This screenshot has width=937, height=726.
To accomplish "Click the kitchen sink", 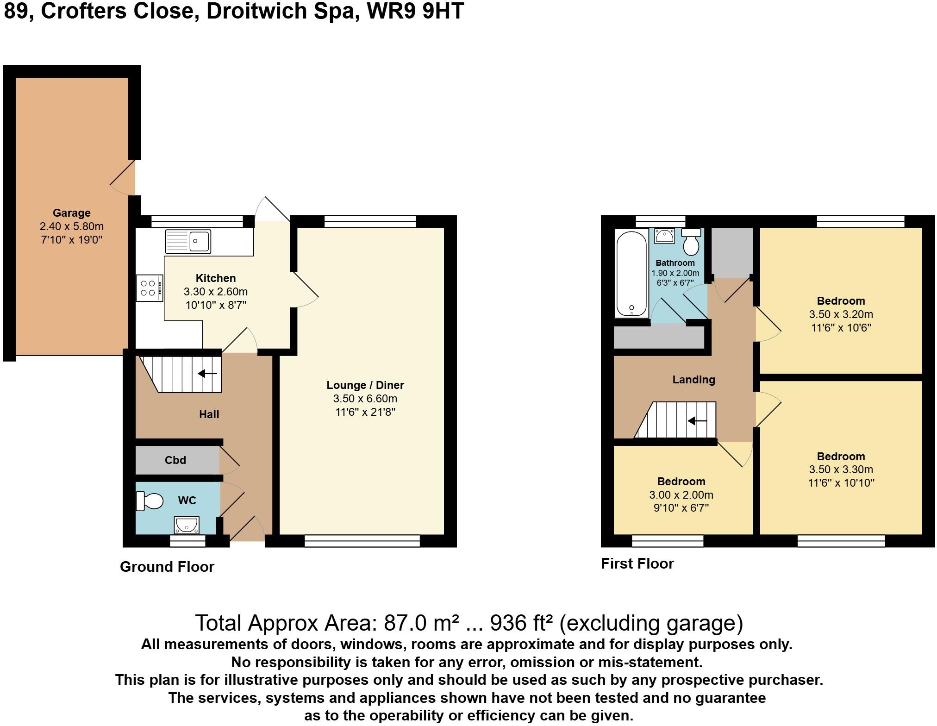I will pyautogui.click(x=188, y=241).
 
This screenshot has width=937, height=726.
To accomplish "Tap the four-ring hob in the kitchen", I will pyautogui.click(x=149, y=288).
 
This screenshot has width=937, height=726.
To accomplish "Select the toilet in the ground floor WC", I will pyautogui.click(x=150, y=501).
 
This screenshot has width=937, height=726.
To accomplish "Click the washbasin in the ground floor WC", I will pyautogui.click(x=187, y=525).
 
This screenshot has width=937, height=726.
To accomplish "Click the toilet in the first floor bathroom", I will pyautogui.click(x=691, y=242).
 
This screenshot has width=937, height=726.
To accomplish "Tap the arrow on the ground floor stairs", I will pyautogui.click(x=208, y=373).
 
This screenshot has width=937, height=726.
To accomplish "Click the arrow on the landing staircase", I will pyautogui.click(x=697, y=421).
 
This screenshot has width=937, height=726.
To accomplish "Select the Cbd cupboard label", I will pyautogui.click(x=175, y=460).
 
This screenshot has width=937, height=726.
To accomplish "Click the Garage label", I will pyautogui.click(x=71, y=213).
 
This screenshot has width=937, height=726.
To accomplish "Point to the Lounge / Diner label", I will pyautogui.click(x=365, y=385).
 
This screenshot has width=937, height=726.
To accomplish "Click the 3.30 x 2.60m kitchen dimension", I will pyautogui.click(x=216, y=292).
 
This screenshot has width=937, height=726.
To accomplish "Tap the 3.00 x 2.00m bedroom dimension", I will pyautogui.click(x=681, y=495).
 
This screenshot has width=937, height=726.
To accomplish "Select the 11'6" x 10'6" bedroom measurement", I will pyautogui.click(x=841, y=328).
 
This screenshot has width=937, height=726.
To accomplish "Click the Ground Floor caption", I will pyautogui.click(x=167, y=567).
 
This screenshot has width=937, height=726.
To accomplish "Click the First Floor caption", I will pyautogui.click(x=637, y=563).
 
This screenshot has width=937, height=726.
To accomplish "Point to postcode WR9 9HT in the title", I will pyautogui.click(x=415, y=11).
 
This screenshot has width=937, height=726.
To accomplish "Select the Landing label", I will pyautogui.click(x=693, y=380).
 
